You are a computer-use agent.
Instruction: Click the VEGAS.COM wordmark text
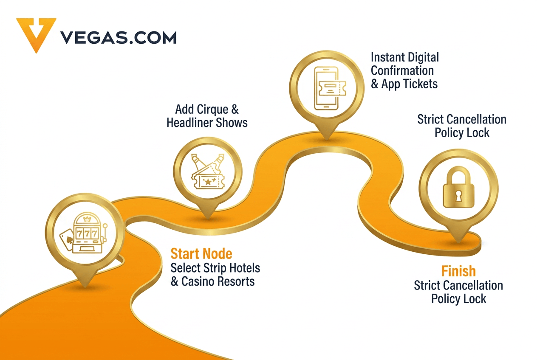tap(119, 38)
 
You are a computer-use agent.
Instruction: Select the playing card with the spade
tap(67, 239)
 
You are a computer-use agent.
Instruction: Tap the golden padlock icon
tap(458, 187)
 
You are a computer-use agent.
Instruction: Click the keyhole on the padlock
tap(458, 196)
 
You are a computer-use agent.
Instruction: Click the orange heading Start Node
tap(201, 253)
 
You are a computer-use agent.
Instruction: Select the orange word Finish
tap(458, 271)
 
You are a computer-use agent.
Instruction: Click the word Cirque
tap(212, 110)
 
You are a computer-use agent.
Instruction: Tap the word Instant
tap(387, 57)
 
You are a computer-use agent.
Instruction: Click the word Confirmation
tap(402, 70)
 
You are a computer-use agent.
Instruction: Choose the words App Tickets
tap(410, 84)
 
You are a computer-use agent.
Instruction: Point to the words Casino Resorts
tap(218, 281)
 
